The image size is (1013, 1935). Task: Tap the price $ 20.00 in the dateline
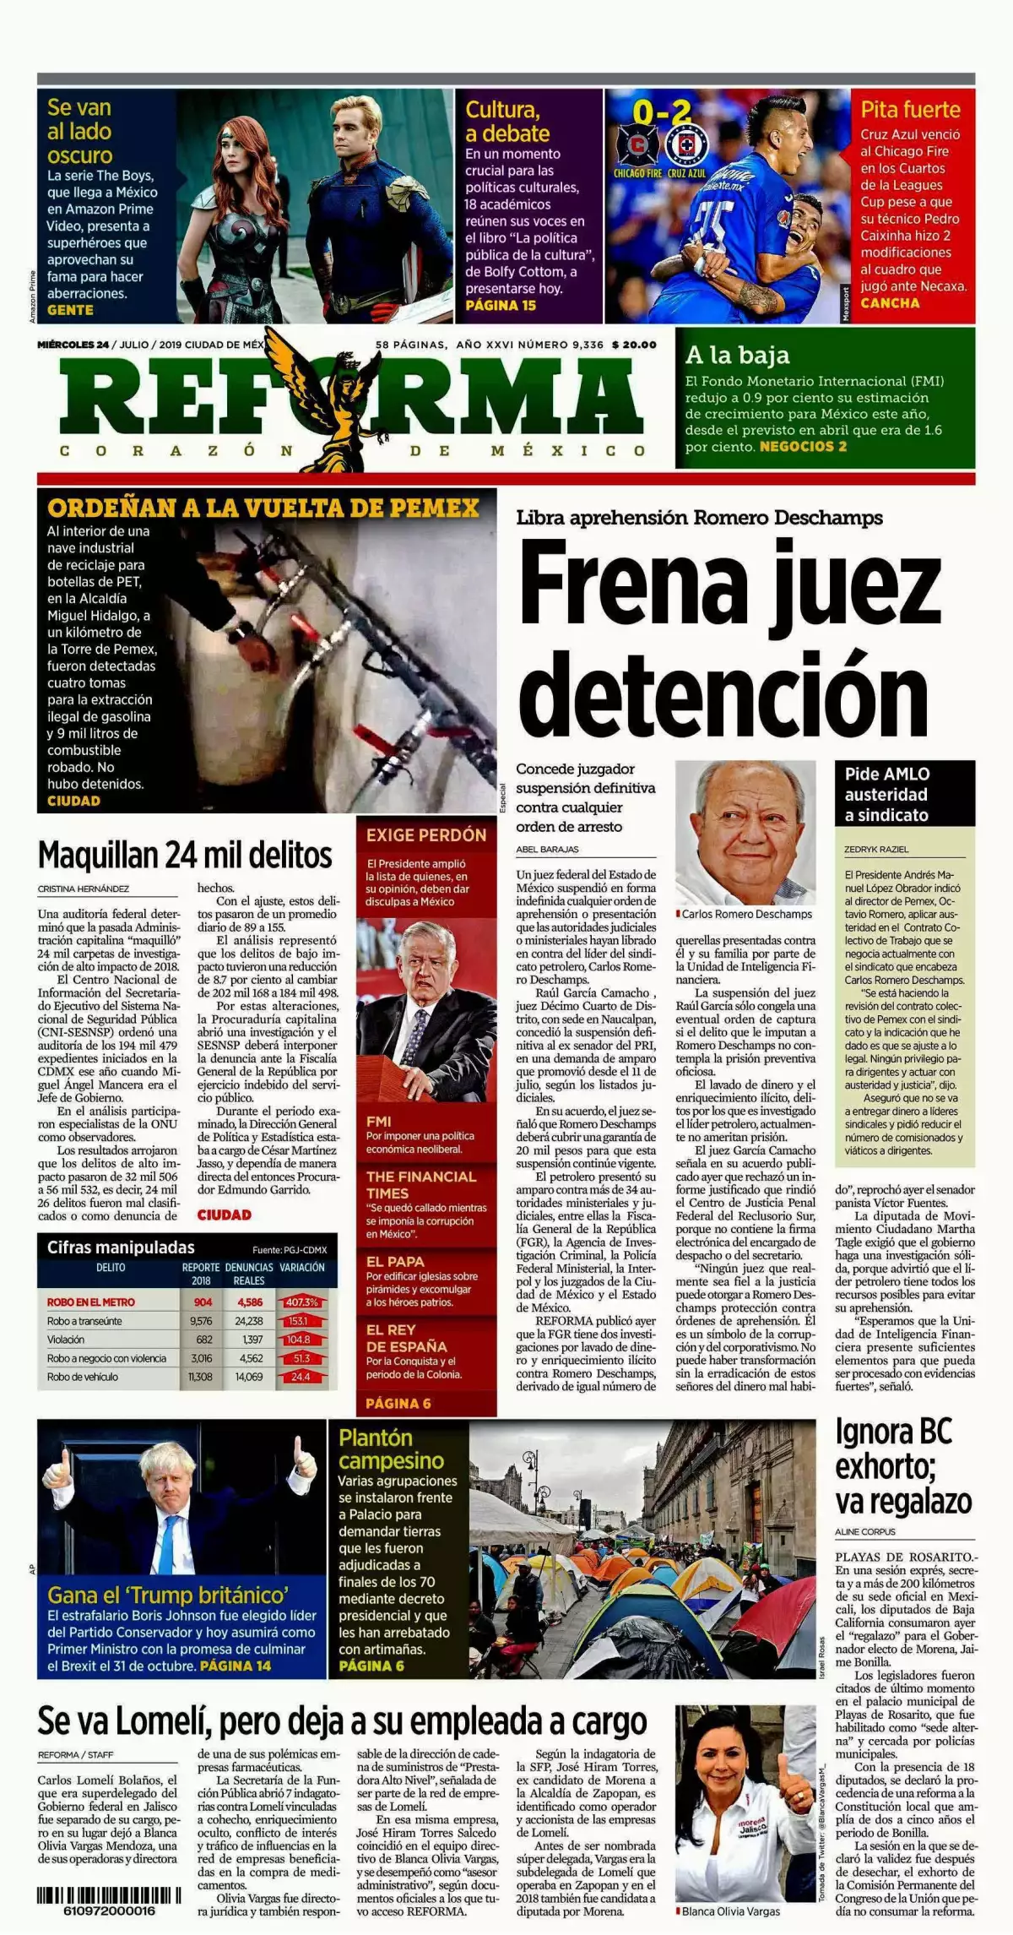tap(633, 345)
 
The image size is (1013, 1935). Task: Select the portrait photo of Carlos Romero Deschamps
tap(745, 832)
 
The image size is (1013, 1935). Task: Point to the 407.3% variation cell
tap(301, 1302)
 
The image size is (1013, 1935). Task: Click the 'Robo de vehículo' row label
tap(83, 1377)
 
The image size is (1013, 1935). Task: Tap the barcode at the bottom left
tap(109, 1895)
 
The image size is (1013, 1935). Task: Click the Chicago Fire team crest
tap(637, 145)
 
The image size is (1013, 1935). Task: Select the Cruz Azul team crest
tap(686, 145)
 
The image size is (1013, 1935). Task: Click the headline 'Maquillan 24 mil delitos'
tap(185, 855)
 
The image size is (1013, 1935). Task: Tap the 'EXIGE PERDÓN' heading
tap(426, 835)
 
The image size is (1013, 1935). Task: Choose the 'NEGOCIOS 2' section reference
tap(803, 447)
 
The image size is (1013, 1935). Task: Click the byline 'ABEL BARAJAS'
tap(548, 849)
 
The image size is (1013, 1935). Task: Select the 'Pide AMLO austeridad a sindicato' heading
tap(887, 794)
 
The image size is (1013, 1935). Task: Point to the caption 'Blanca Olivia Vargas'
tap(731, 1911)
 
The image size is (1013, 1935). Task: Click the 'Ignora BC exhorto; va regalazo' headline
tap(903, 1466)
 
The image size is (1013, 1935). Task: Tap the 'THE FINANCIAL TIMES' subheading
tap(421, 1184)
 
